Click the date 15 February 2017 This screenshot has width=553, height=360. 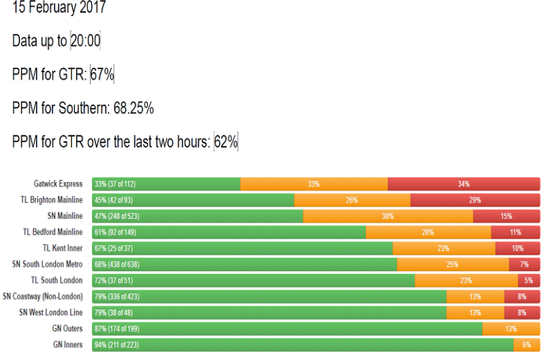click(x=59, y=9)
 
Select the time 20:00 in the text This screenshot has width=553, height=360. click(x=85, y=41)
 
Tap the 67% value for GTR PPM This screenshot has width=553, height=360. click(x=102, y=75)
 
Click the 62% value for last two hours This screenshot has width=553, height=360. click(x=226, y=142)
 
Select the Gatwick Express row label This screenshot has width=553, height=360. click(x=59, y=184)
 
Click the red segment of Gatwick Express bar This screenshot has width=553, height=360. click(x=463, y=184)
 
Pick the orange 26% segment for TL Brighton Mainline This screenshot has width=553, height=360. click(x=352, y=200)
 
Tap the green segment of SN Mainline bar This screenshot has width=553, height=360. click(x=197, y=216)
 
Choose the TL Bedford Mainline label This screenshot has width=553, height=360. click(x=53, y=232)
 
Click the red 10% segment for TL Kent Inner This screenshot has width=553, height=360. click(x=517, y=248)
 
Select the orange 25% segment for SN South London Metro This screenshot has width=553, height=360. click(x=452, y=265)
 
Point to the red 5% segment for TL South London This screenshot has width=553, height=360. click(x=528, y=281)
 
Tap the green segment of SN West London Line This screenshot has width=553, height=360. click(x=269, y=313)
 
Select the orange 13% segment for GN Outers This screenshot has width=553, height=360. click(x=510, y=329)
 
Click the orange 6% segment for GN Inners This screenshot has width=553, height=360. click(x=526, y=345)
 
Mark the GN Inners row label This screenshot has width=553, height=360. click(x=67, y=345)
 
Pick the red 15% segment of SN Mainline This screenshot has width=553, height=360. click(x=506, y=216)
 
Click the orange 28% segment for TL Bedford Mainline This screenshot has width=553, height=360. click(x=428, y=232)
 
